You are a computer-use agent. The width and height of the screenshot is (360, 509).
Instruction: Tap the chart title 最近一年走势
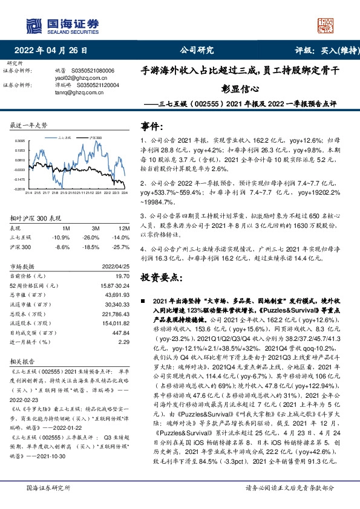click(x=29, y=125)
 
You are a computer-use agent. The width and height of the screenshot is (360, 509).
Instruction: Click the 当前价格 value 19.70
click(x=124, y=274)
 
